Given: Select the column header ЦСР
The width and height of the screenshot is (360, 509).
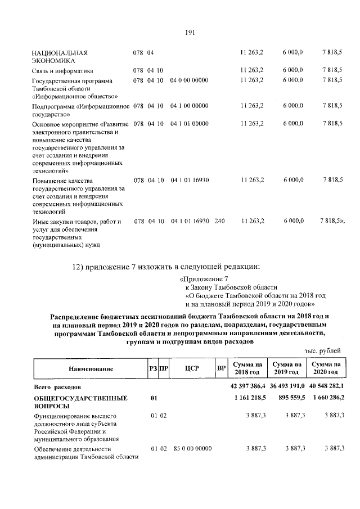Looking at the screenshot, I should click(x=188, y=369).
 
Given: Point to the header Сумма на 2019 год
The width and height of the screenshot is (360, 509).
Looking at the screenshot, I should click(x=286, y=369).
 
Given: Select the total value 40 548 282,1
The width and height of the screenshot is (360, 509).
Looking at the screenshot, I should click(x=326, y=387).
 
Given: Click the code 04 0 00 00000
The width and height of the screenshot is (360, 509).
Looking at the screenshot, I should click(x=189, y=80).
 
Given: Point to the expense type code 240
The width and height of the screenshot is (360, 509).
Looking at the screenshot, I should click(x=219, y=221).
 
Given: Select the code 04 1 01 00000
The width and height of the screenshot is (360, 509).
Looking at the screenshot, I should click(x=189, y=124).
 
